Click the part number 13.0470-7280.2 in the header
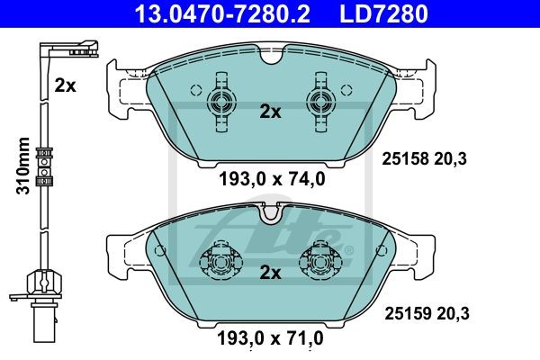point(222,13)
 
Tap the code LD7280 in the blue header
point(383,13)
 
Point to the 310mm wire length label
point(23,166)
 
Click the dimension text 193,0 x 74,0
point(272,179)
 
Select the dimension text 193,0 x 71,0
point(270,338)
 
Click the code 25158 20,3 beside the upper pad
point(424,158)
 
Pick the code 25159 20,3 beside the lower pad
point(427,313)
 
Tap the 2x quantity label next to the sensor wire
point(65,85)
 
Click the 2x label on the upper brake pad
point(270,112)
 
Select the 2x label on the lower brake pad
point(270,273)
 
